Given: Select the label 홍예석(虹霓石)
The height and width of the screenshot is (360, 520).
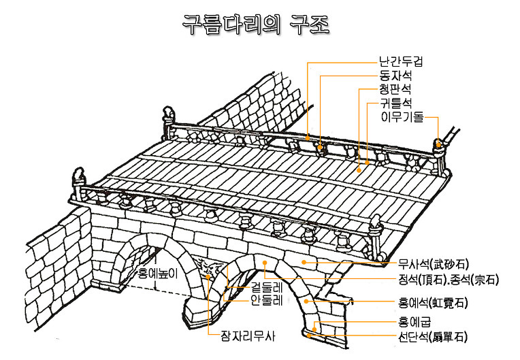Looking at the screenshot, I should pos(432,302).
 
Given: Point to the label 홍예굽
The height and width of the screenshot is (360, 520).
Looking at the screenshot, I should pos(415,322).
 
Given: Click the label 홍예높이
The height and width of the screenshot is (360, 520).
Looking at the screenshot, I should pos(157,274).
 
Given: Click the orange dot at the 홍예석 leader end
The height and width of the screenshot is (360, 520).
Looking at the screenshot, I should pos(307,299).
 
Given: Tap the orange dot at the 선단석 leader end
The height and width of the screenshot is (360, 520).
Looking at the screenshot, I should pos(310,333).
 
